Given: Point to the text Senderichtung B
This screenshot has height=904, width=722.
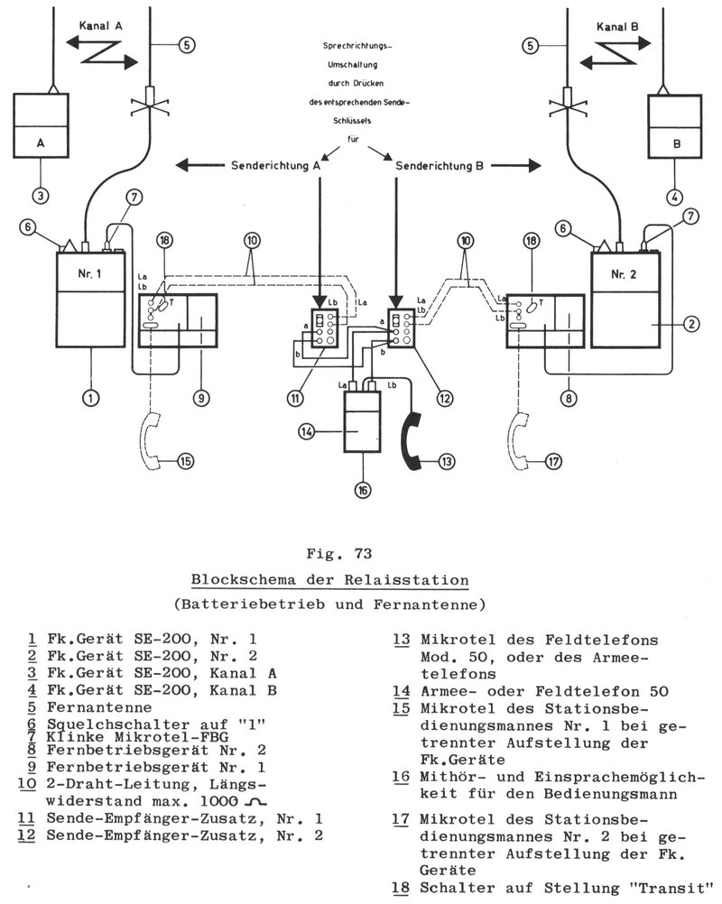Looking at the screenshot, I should click(443, 164).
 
